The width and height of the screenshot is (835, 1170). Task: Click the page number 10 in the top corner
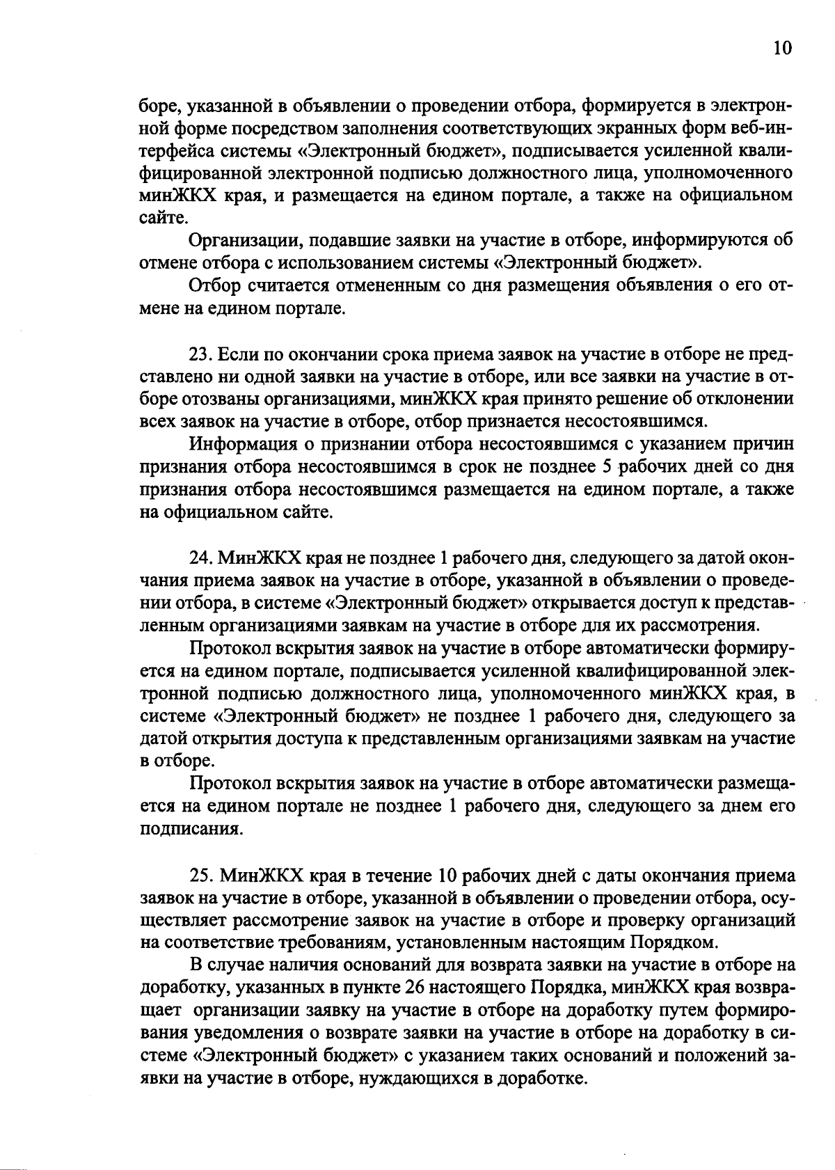click(x=782, y=47)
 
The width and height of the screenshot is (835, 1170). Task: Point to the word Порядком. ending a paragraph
click(x=673, y=943)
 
